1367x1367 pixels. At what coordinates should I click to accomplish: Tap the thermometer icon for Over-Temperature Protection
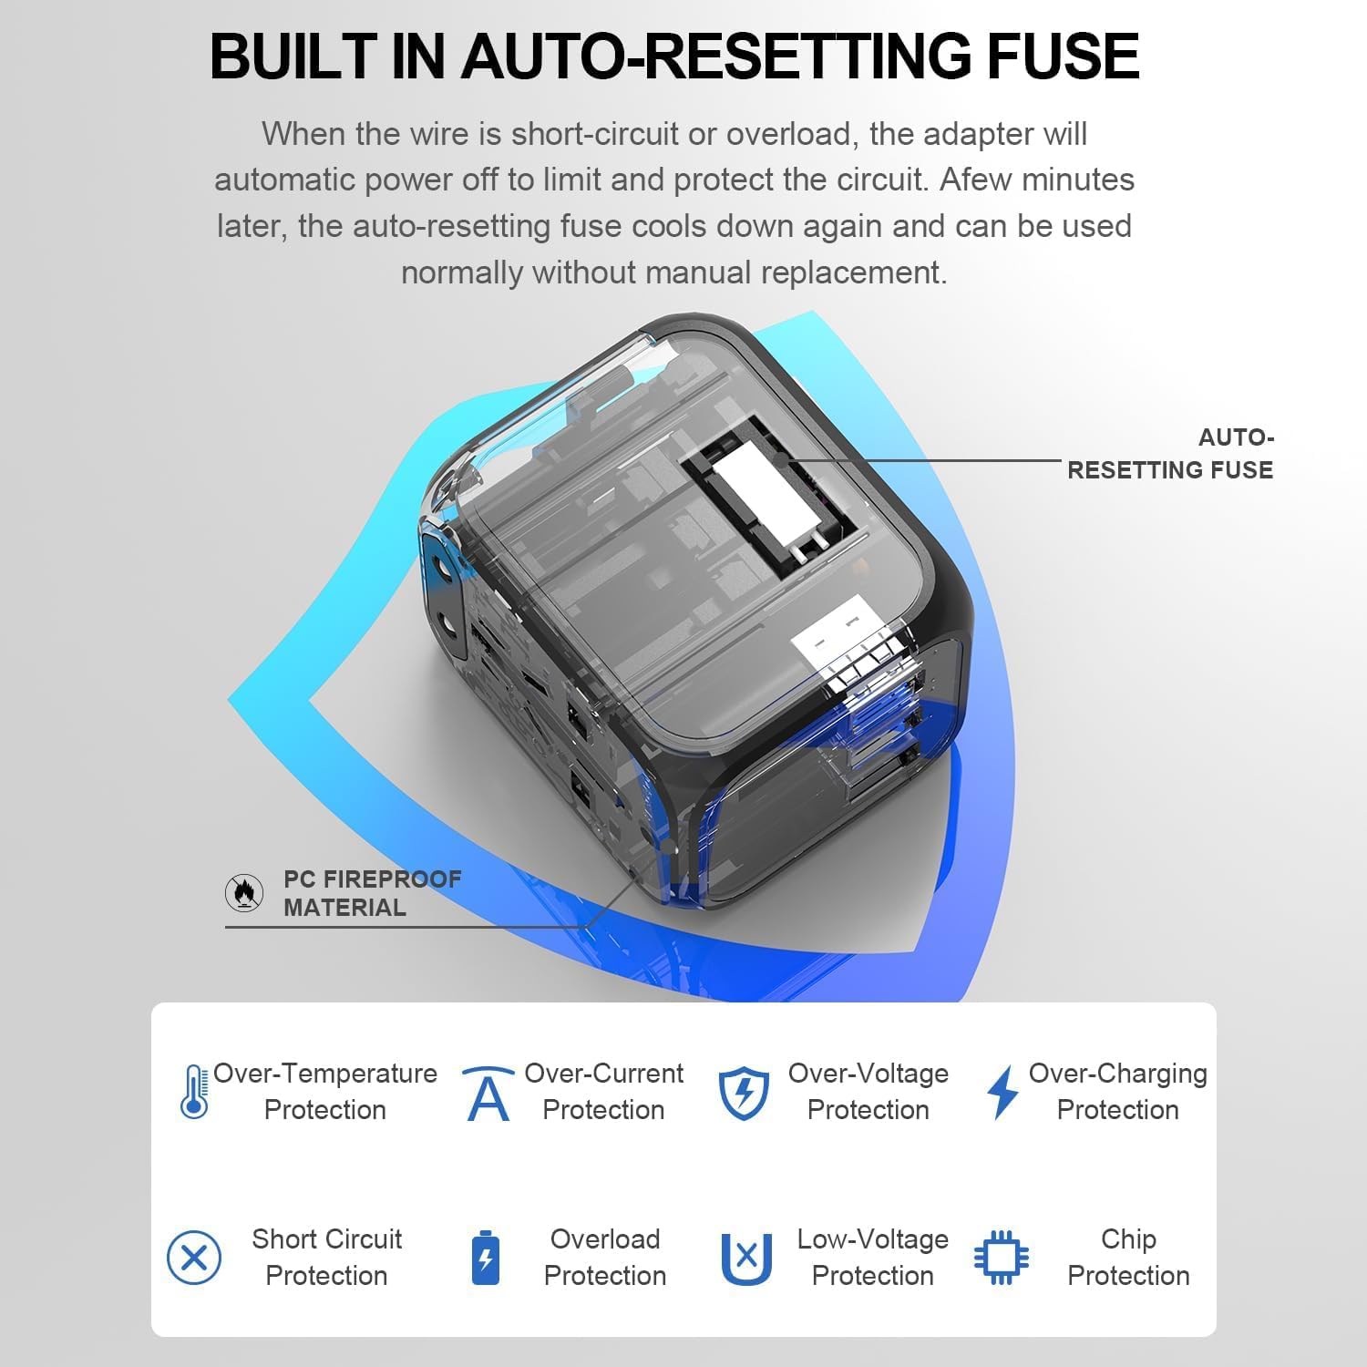click(194, 1092)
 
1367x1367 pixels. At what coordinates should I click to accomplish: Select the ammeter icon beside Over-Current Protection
click(488, 1093)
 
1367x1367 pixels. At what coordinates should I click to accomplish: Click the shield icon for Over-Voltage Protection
click(744, 1093)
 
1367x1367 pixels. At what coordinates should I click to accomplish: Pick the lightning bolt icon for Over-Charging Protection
click(1002, 1092)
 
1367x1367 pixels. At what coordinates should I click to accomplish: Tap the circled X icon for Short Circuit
click(194, 1258)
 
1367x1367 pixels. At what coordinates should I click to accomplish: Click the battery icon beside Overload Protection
click(485, 1258)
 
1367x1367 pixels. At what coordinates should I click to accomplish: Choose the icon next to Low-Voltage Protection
click(746, 1259)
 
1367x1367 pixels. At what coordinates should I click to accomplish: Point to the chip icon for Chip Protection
click(1002, 1258)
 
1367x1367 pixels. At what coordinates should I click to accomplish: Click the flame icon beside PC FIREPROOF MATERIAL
click(244, 893)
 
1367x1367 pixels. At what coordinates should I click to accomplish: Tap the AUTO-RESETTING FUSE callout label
click(1170, 454)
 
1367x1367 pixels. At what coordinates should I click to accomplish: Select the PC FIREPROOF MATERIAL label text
click(372, 893)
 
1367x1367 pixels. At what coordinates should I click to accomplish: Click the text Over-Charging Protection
click(1117, 1092)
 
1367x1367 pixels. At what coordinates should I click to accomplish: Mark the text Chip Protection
click(1128, 1258)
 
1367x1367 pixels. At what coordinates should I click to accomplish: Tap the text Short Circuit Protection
click(326, 1258)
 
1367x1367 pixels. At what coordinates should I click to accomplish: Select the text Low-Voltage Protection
click(872, 1258)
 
